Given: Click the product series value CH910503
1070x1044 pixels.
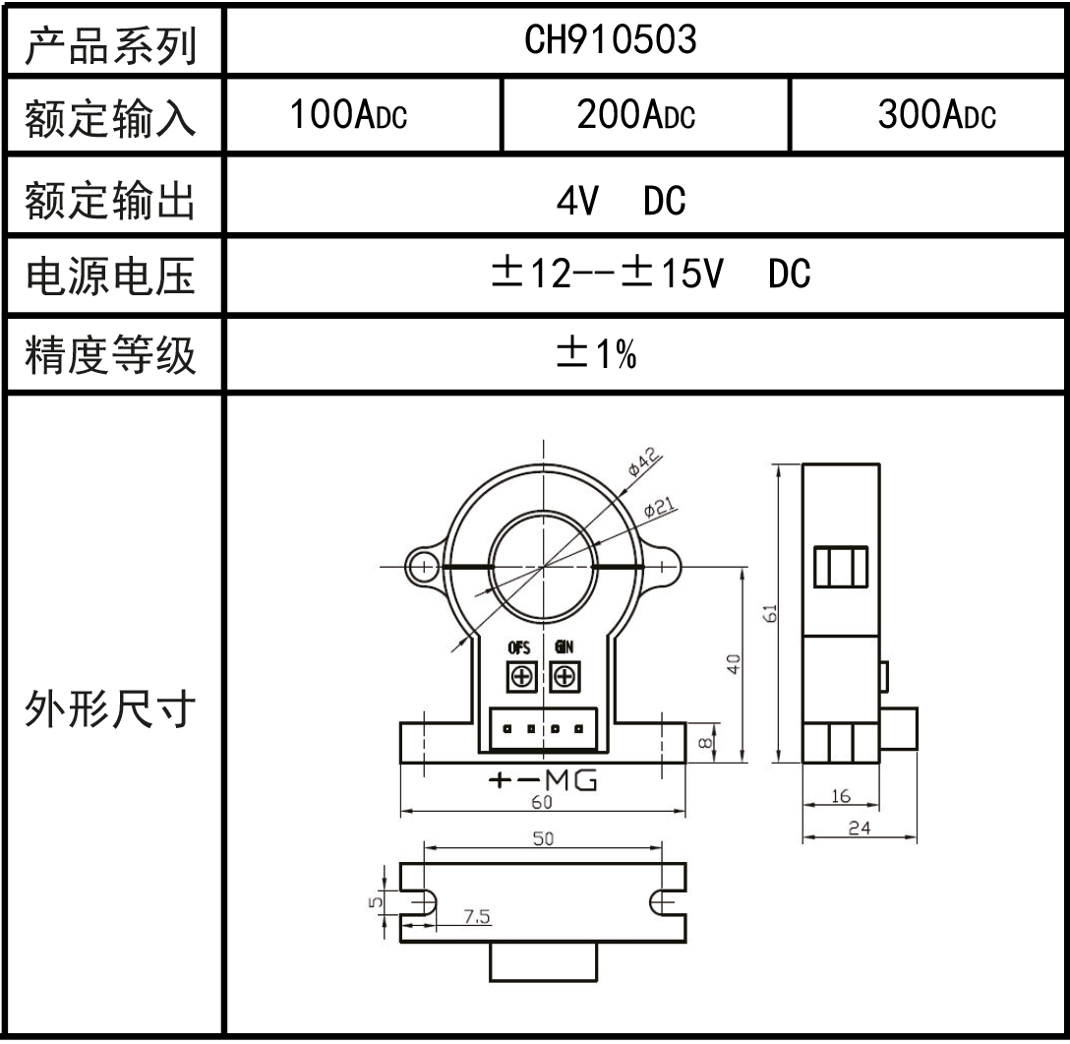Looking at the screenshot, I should [611, 39].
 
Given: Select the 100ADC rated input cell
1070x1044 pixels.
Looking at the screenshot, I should [348, 117].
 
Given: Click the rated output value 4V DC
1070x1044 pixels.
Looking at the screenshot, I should [621, 202].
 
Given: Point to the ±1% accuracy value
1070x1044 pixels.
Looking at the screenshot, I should [596, 355].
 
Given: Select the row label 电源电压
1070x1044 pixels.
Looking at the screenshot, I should [110, 276].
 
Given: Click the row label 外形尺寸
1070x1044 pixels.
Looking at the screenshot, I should [110, 711].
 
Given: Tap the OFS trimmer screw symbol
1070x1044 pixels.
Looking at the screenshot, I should [519, 676].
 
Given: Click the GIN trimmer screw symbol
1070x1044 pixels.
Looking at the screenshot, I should [564, 676].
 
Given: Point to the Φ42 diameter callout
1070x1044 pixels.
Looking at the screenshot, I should [645, 461].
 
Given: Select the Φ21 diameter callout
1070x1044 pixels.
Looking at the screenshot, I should [658, 508].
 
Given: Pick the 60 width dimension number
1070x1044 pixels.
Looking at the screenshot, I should [542, 802].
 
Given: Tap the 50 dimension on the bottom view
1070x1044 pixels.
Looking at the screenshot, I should [542, 838].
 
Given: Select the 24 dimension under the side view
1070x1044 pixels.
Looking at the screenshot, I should [859, 829].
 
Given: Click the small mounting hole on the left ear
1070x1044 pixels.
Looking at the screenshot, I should [423, 566].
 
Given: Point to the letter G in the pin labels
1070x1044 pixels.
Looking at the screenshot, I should [585, 781].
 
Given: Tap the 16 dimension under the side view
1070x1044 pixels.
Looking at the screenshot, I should [840, 796].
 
